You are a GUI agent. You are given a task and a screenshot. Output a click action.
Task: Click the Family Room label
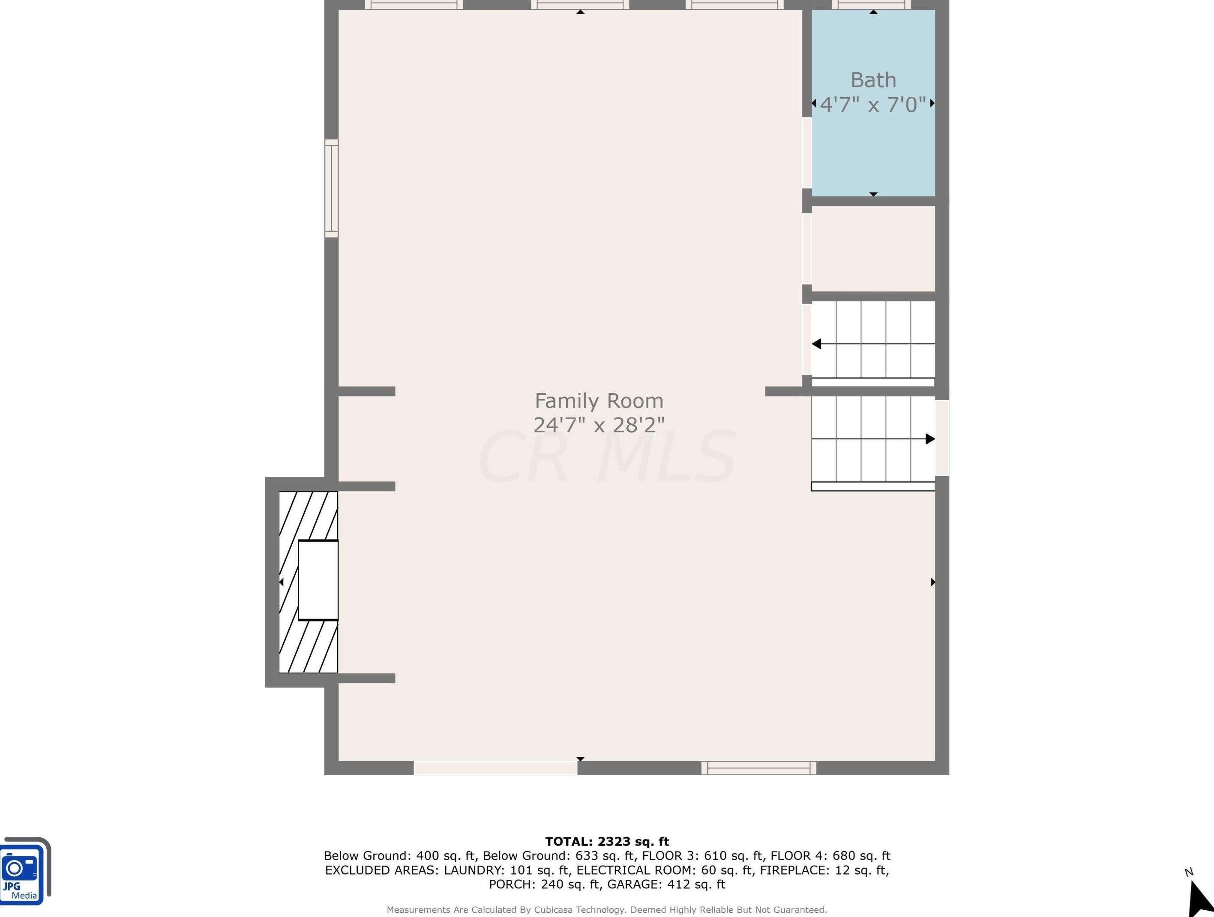599,401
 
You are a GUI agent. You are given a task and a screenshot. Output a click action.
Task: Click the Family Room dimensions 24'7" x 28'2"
599,425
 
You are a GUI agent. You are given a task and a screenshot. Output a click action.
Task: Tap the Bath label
873,80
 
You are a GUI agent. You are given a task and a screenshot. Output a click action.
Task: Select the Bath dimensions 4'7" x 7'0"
873,104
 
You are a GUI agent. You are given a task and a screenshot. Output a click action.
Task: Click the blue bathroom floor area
873,148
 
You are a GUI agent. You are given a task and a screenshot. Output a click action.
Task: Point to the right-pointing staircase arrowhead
930,439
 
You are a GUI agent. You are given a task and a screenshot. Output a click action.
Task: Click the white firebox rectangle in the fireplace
318,580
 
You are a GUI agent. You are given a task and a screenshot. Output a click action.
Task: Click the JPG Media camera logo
25,871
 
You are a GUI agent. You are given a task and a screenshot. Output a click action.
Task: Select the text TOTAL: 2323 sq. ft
607,841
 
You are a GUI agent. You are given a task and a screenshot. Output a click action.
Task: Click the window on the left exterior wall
332,188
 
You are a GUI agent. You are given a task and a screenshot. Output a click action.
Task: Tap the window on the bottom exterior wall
758,768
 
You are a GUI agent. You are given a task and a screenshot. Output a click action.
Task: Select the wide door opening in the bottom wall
496,768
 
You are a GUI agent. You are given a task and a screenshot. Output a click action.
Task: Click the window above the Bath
871,5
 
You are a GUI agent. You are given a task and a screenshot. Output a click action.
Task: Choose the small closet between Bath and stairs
873,248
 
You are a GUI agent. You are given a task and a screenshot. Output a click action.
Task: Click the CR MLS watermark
606,456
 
